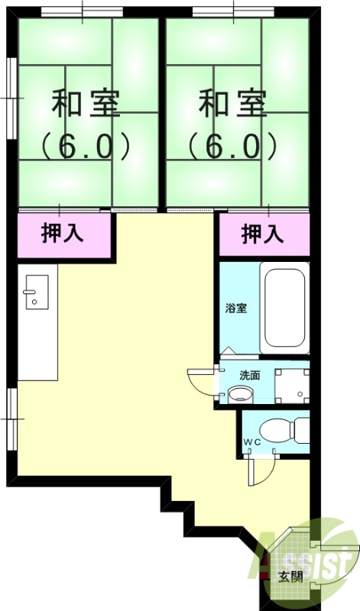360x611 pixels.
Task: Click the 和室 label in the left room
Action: tap(86, 103)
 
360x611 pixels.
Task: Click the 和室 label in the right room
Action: tap(234, 103)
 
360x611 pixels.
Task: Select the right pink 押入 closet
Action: tap(264, 234)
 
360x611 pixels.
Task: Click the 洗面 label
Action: tap(249, 375)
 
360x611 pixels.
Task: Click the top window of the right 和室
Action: tap(233, 10)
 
